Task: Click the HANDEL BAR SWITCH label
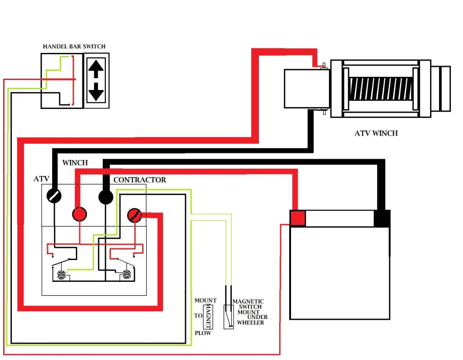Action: [x=74, y=47]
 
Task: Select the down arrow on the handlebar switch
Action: [x=96, y=93]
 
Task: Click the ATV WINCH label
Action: [x=376, y=133]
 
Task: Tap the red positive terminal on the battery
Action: [x=298, y=218]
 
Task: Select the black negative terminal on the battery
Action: [x=382, y=218]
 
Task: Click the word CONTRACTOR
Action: [x=139, y=180]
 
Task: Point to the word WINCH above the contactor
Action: [x=75, y=163]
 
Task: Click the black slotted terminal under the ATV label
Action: [x=54, y=196]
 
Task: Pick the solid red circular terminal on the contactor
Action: [x=80, y=214]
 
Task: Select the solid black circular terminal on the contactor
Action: [x=105, y=197]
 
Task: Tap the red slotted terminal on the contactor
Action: [x=134, y=215]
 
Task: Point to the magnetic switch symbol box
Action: [x=229, y=317]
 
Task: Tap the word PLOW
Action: [x=203, y=333]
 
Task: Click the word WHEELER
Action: [x=250, y=322]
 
